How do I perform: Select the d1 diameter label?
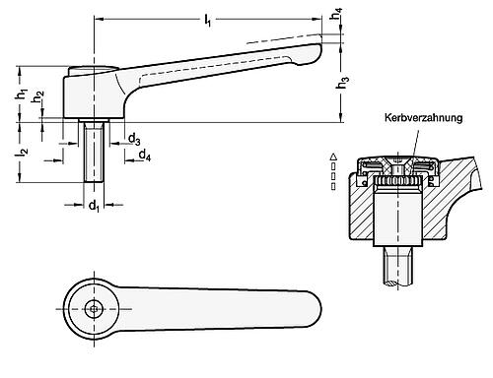[94, 207]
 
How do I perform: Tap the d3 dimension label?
[134, 141]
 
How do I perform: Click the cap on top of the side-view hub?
[93, 68]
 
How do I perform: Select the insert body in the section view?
[398, 212]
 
